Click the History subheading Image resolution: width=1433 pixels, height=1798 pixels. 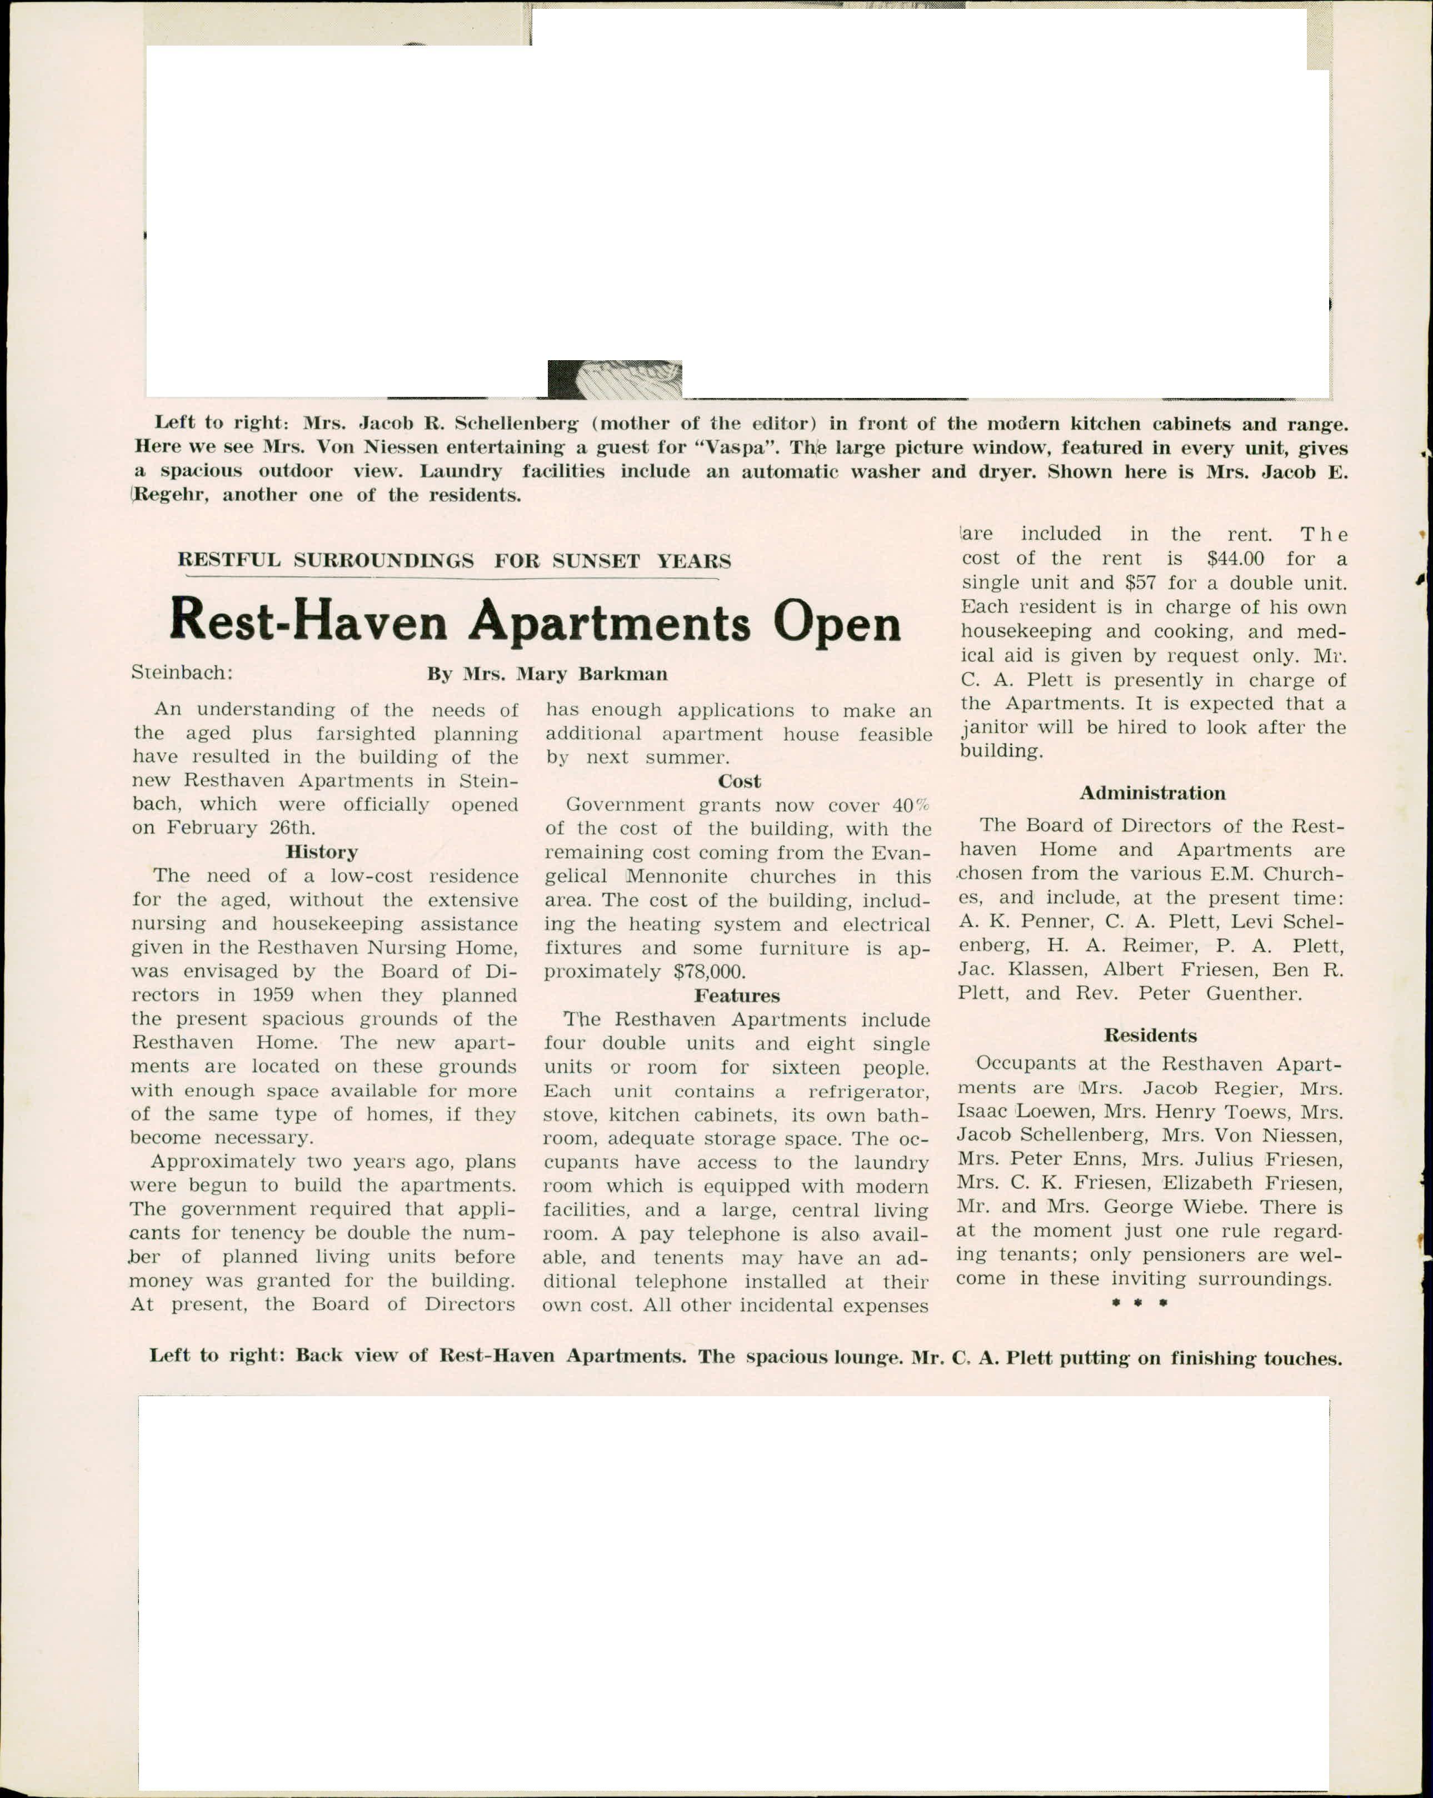coord(322,851)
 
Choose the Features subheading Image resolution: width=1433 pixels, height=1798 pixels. coord(737,996)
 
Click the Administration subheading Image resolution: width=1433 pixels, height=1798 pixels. coord(1152,793)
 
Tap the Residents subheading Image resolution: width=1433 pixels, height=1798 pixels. coord(1150,1035)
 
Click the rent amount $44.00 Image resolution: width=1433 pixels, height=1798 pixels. coord(1235,559)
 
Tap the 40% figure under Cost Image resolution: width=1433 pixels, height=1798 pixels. coord(910,805)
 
